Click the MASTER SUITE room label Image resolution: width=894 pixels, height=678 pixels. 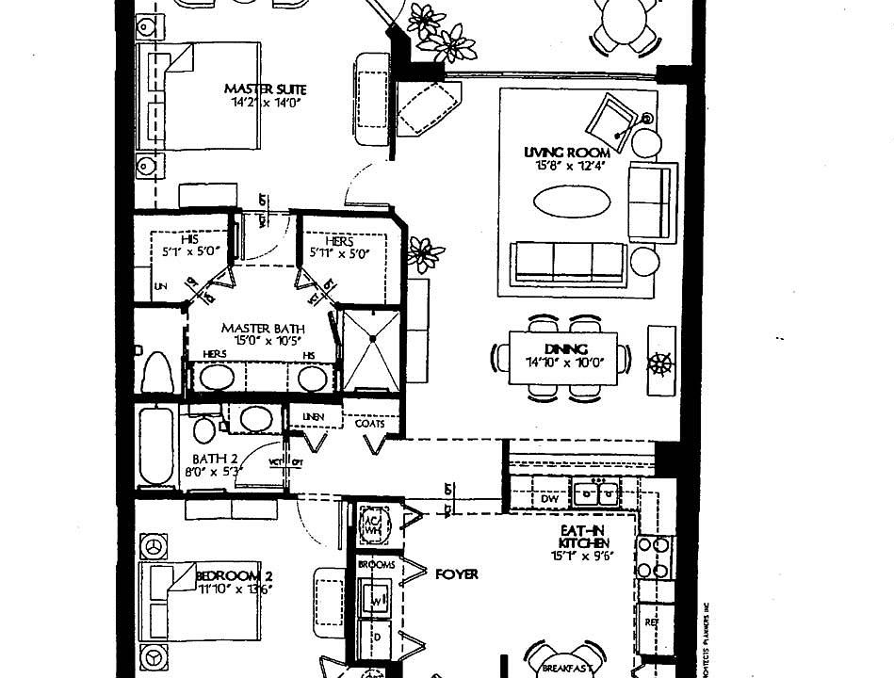[x=265, y=89]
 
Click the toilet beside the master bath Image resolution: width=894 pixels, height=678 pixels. [x=154, y=373]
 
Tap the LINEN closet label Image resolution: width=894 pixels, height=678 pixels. [x=314, y=416]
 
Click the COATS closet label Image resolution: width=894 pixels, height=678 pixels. [x=370, y=424]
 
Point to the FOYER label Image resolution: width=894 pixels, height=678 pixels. [x=456, y=573]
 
